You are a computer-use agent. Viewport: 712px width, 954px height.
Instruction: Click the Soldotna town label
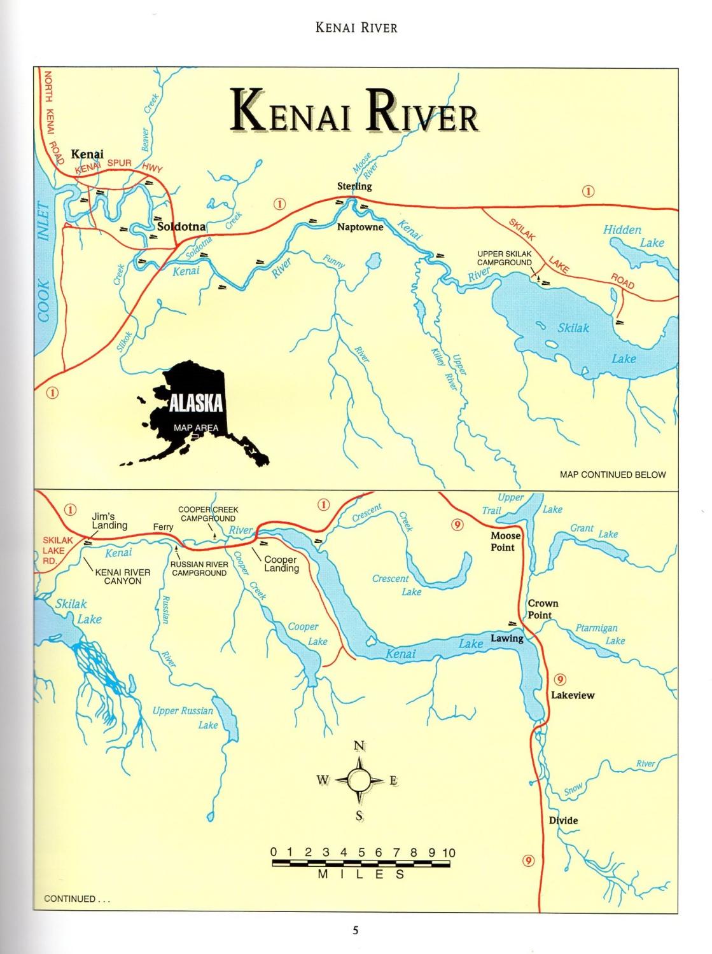tap(181, 226)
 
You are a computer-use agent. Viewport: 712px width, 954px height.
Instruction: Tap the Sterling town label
tap(354, 186)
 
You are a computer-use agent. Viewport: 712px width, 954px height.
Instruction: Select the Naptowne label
tap(360, 227)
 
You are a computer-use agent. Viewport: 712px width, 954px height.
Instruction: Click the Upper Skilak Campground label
tap(505, 258)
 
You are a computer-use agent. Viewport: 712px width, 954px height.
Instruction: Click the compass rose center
tap(359, 780)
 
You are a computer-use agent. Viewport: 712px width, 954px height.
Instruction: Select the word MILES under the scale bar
tap(361, 874)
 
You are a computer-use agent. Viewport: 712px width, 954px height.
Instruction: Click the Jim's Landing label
tap(109, 521)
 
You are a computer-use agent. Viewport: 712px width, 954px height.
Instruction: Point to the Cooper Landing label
tap(281, 564)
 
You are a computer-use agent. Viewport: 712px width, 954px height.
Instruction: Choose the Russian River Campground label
tap(199, 569)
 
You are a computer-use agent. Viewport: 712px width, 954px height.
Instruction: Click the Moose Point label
tap(505, 541)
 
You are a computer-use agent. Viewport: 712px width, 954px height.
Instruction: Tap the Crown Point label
tap(542, 609)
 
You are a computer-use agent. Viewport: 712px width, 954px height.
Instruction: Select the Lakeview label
tap(573, 695)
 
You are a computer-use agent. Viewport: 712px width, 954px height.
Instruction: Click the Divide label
tap(563, 820)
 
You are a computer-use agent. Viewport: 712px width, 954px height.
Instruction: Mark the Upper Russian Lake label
tap(185, 717)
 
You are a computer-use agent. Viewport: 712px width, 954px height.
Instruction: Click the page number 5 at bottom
tap(356, 930)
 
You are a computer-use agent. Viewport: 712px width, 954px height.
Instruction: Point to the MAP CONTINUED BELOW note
tap(612, 474)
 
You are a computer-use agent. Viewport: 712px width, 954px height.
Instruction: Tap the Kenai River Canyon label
tap(122, 576)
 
